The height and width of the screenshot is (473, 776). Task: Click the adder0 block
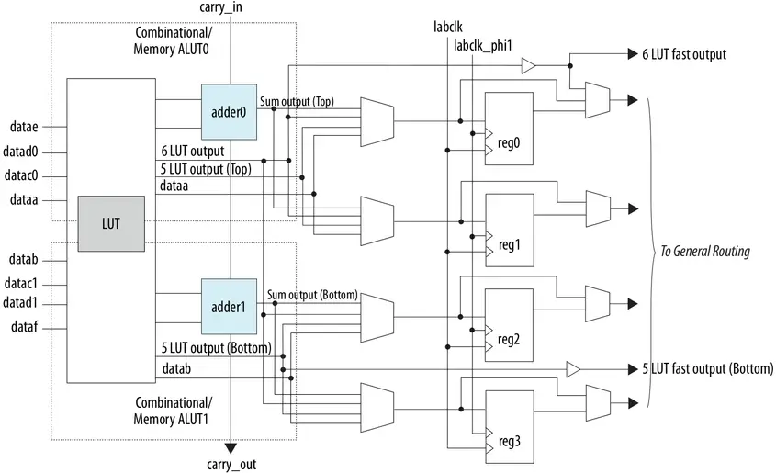click(229, 111)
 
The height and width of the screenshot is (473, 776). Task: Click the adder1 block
click(229, 307)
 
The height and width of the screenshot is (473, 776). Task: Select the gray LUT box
click(110, 223)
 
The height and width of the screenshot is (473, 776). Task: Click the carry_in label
click(220, 8)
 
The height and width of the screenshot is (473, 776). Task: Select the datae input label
click(23, 126)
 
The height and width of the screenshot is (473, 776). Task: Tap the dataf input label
click(23, 326)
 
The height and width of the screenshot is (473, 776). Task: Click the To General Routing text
click(704, 252)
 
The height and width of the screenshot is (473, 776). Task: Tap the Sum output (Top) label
click(296, 101)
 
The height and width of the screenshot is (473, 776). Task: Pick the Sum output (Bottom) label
click(311, 295)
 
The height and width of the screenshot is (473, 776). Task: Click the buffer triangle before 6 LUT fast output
click(527, 65)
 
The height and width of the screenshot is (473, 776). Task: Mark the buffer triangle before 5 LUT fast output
click(572, 369)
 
